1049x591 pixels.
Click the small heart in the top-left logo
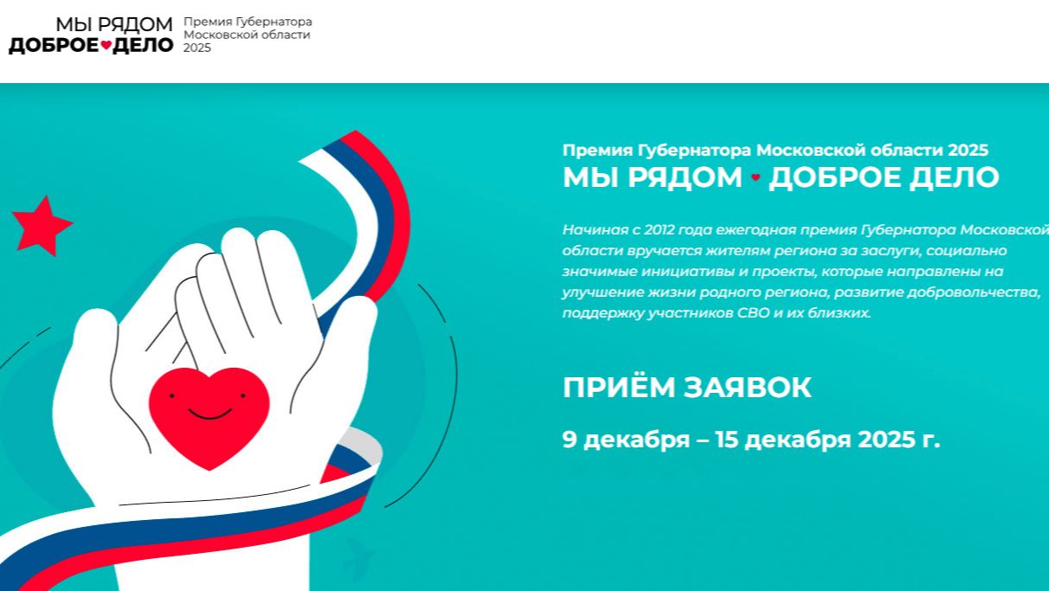pyautogui.click(x=106, y=45)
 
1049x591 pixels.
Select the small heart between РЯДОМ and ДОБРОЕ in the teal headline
pyautogui.click(x=756, y=177)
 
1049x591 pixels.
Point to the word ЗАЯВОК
pyautogui.click(x=748, y=388)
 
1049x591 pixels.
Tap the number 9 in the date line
pyautogui.click(x=570, y=440)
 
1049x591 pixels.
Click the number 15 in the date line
pyautogui.click(x=727, y=440)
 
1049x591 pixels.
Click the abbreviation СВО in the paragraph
pyautogui.click(x=753, y=312)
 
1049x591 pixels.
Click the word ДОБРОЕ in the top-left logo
pyautogui.click(x=54, y=45)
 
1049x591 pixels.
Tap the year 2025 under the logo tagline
pyautogui.click(x=196, y=48)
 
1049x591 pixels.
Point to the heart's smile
pyautogui.click(x=209, y=414)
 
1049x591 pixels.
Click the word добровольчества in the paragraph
pyautogui.click(x=973, y=292)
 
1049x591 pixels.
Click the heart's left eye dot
pyautogui.click(x=172, y=395)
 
